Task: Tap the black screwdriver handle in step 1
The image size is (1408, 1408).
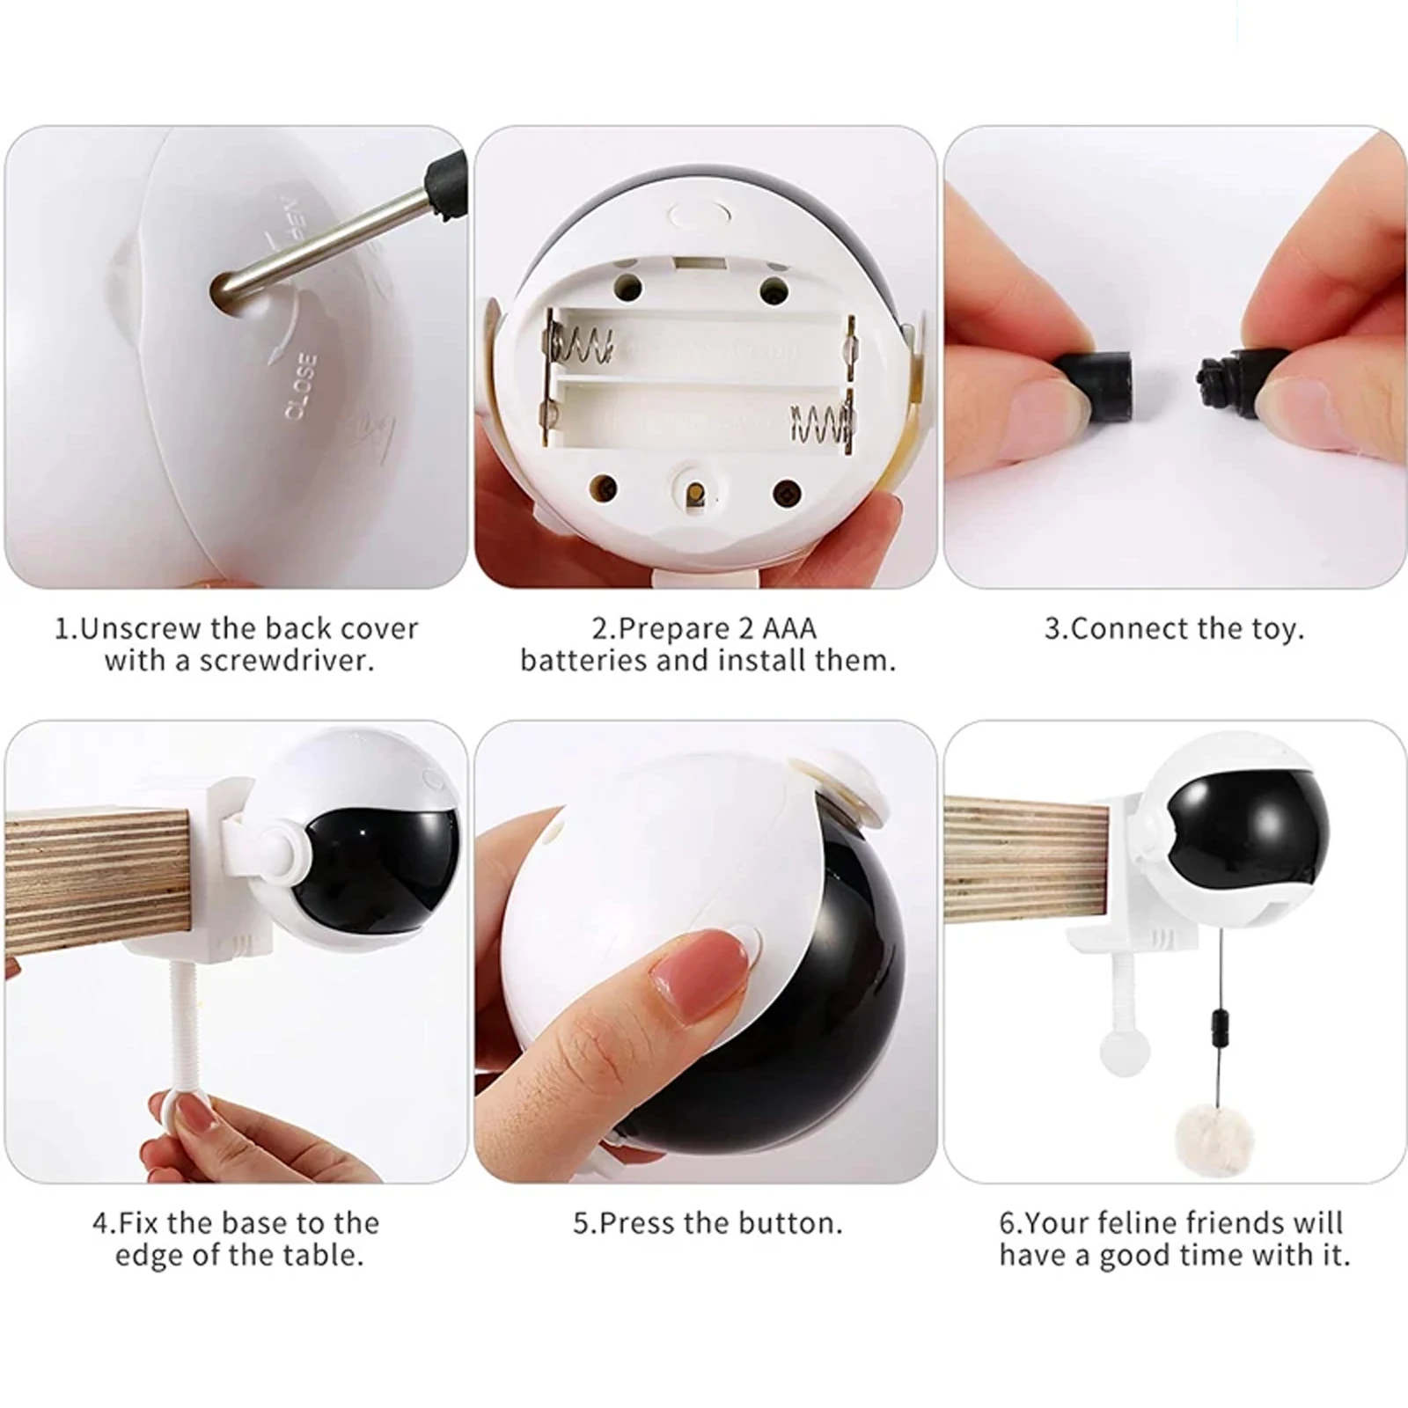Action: pyautogui.click(x=444, y=187)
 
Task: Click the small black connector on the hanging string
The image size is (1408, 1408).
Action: pyautogui.click(x=1219, y=1026)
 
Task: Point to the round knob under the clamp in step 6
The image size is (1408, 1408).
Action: pyautogui.click(x=1125, y=1052)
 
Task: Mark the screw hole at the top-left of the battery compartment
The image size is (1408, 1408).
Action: pyautogui.click(x=627, y=285)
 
